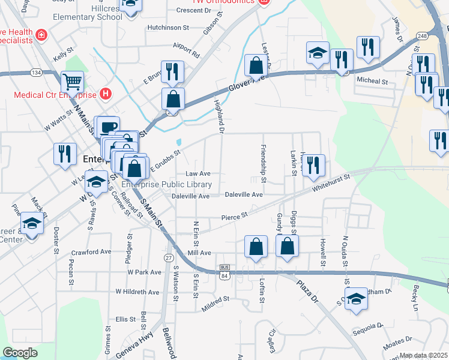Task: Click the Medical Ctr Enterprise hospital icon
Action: (x=106, y=94)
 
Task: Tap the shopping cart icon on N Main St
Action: (x=72, y=82)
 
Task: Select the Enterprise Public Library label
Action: (x=167, y=184)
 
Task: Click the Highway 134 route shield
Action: (x=37, y=73)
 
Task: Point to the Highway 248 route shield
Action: (x=423, y=35)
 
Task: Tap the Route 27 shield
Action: (x=169, y=258)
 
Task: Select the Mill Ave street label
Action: (x=199, y=253)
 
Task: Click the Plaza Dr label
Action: (x=306, y=292)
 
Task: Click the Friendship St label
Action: (x=263, y=160)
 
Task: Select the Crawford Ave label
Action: (x=92, y=253)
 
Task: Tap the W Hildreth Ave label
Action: (x=137, y=292)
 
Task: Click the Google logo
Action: (x=20, y=353)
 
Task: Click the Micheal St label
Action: (x=372, y=81)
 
